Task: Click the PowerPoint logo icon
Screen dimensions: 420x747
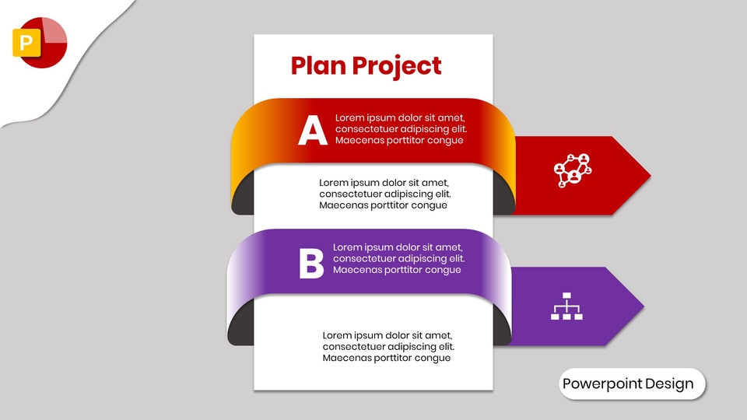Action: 40,41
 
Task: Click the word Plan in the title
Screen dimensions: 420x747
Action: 318,66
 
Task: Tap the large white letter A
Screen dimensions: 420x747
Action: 312,130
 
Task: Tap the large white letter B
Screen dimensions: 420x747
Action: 311,264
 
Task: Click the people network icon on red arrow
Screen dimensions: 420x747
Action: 572,170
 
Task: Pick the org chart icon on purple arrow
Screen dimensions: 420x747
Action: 566,306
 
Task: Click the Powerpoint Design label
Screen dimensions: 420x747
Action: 628,384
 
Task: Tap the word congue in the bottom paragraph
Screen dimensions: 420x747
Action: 433,359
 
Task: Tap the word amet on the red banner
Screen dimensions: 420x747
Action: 459,118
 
